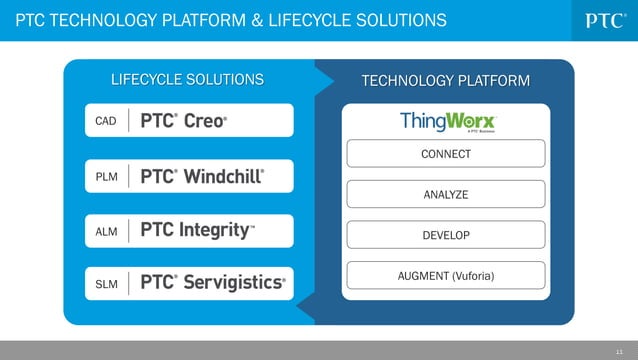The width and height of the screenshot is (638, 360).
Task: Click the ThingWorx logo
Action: coord(446,121)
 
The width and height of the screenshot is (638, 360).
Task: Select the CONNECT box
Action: coord(446,154)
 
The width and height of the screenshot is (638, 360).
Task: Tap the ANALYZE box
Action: coord(446,194)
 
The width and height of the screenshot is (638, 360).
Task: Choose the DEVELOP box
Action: coord(446,235)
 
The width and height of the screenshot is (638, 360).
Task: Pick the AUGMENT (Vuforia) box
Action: coord(446,275)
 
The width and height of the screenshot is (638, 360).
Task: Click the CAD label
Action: coord(106,121)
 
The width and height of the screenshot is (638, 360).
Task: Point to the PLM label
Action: coord(106,177)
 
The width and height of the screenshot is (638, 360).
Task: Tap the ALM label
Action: coord(106,232)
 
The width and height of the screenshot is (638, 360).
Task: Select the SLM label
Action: coord(106,283)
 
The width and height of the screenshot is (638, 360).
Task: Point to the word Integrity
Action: coord(213,231)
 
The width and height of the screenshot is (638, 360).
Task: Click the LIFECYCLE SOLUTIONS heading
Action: coord(187,79)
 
